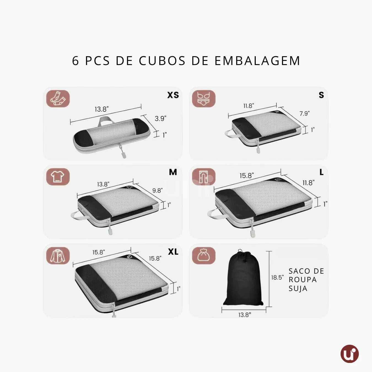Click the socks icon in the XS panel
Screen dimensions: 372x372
[x=58, y=99]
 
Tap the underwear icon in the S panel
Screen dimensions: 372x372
[x=204, y=99]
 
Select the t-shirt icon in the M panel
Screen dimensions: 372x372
[x=58, y=177]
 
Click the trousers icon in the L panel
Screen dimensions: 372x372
[x=204, y=177]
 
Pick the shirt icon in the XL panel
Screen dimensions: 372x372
[x=58, y=256]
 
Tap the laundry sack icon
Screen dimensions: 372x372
[x=204, y=256]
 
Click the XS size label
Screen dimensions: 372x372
[x=173, y=95]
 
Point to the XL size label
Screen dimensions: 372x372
[x=173, y=252]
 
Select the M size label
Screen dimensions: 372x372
[x=173, y=172]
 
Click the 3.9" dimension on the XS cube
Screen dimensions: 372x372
[x=160, y=118]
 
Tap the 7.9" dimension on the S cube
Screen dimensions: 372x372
[x=304, y=114]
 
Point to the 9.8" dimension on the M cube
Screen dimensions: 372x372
[x=157, y=190]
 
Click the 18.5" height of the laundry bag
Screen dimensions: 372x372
[x=277, y=277]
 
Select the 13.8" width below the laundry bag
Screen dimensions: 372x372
[x=245, y=315]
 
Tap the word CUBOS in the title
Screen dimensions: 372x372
[x=162, y=61]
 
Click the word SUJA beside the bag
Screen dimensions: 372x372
[x=298, y=289]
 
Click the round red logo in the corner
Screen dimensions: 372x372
[x=349, y=354]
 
